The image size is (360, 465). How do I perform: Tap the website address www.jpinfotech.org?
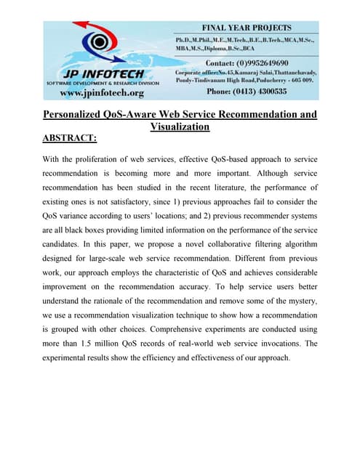[101, 92]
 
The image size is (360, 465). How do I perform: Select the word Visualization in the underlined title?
[180, 126]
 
